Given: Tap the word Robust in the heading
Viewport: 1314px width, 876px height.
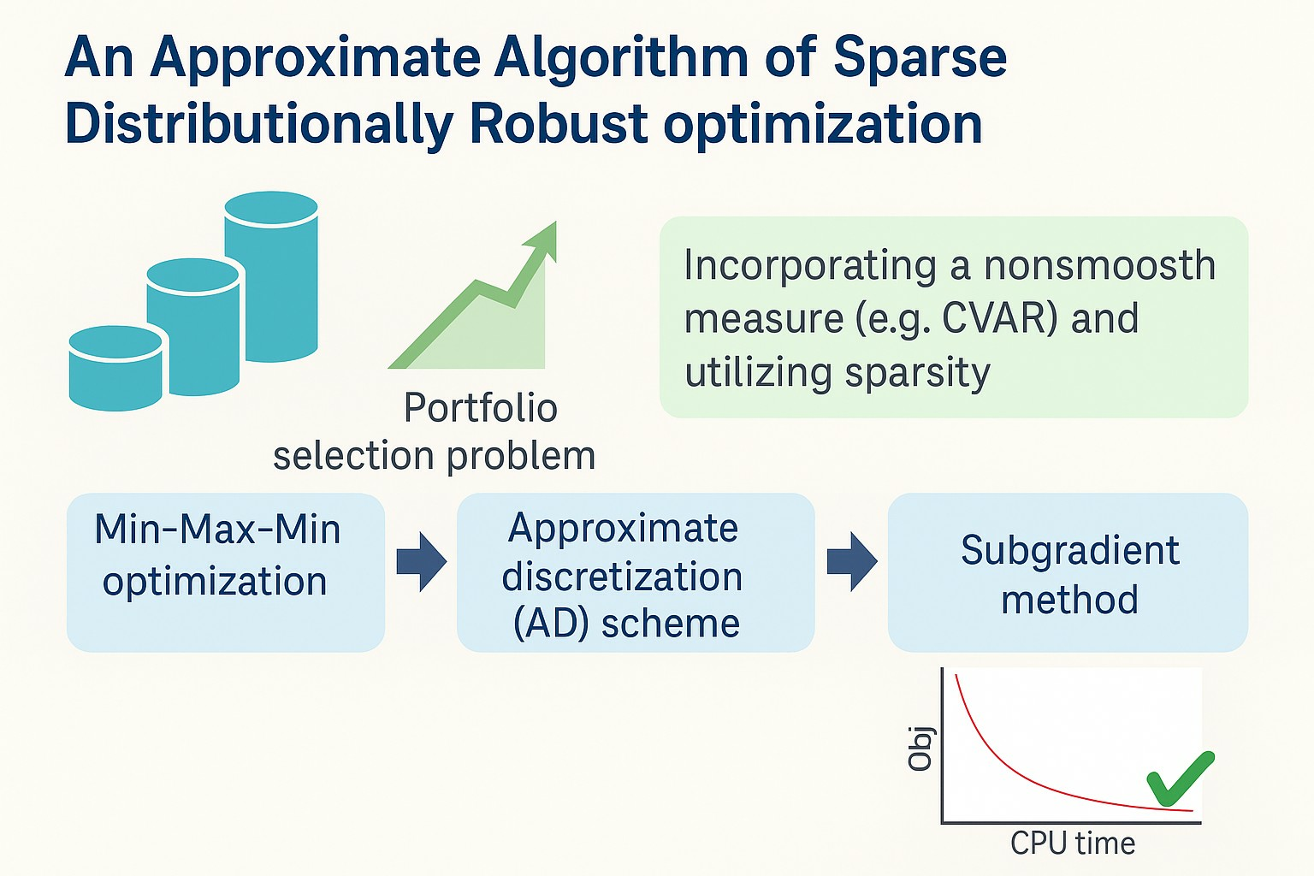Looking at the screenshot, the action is point(559,124).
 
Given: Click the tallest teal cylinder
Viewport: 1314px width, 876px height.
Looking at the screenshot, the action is point(271,275).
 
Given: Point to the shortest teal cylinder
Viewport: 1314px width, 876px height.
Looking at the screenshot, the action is point(115,369).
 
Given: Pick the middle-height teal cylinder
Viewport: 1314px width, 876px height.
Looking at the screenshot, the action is point(193,326).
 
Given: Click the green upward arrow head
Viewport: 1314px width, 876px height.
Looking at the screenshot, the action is point(542,240).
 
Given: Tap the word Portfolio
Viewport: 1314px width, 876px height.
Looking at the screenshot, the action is point(481,408).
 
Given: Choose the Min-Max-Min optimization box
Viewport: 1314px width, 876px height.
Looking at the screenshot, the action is point(226,572).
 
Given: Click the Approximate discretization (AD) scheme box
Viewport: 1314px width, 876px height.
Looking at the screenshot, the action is point(636,572).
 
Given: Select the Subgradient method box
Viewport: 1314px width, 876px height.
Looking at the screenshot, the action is point(1068,572).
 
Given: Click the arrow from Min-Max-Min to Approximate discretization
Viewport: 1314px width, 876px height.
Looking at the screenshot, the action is point(421,562).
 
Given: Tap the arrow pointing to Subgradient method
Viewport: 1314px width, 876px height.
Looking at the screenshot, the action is point(852,562).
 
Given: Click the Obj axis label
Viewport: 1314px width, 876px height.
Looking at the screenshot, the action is point(920,749).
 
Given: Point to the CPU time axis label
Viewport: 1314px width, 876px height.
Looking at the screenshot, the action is point(1073,843).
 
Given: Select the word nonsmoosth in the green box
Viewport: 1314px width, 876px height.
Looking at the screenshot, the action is point(1100,265).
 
